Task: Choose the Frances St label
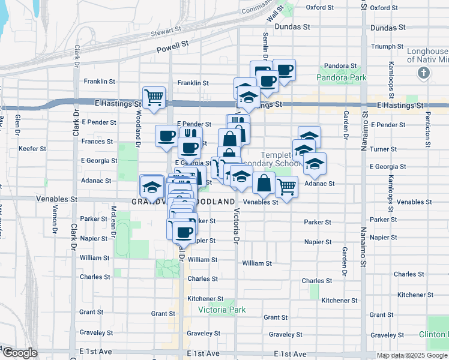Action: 97,142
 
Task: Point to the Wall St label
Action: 276,13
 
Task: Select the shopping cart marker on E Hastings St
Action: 154,96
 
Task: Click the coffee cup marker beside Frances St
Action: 166,134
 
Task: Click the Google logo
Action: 19,353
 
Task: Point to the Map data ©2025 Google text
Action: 412,355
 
